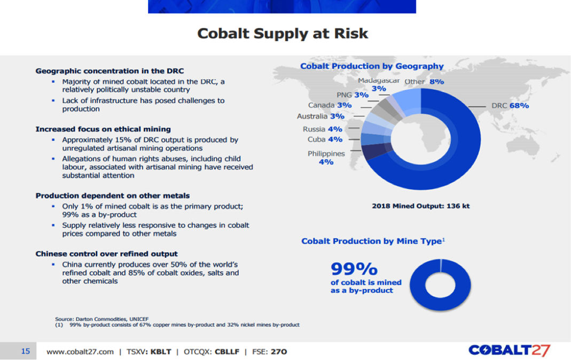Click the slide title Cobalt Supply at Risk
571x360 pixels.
pos(283,34)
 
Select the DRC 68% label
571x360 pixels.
pos(510,106)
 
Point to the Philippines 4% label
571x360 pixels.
pos(326,158)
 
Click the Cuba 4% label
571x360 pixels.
pos(325,139)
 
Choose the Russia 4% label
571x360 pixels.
pos(323,129)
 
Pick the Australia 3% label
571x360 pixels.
pos(320,116)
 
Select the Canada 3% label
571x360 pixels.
pos(330,105)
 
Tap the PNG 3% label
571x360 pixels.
pos(353,95)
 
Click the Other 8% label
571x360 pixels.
pos(424,82)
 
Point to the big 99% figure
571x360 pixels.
pos(354,268)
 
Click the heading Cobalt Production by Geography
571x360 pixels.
pos(372,66)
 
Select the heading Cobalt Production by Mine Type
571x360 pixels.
pos(372,241)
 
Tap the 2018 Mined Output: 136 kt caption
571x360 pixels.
pos(420,206)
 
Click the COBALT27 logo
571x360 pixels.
pos(509,350)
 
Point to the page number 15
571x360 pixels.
pos(25,351)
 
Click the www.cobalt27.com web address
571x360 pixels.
pos(80,351)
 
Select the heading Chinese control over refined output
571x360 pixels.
pos(107,254)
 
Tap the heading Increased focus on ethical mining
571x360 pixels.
pos(103,129)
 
